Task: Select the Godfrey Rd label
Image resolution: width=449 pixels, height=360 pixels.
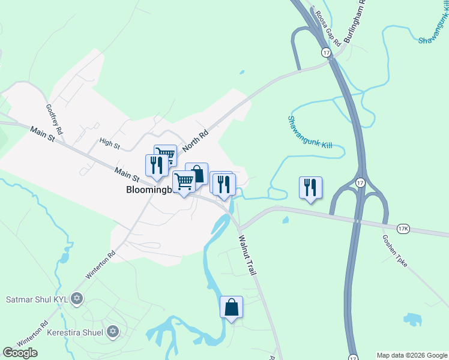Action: pos(54,118)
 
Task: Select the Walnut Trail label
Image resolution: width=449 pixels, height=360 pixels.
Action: pos(247,254)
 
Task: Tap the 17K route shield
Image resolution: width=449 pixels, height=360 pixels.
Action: pos(403,229)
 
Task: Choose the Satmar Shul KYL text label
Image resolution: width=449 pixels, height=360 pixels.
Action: pos(37,298)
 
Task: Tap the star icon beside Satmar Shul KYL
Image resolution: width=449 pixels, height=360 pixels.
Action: pos(76,298)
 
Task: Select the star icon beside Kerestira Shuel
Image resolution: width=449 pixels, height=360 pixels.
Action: pos(112,331)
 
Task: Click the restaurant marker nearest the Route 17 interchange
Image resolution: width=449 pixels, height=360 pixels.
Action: pos(310,188)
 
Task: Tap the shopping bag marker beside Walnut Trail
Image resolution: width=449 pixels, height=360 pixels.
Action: pos(231,307)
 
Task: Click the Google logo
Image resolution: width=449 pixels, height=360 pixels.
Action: pos(20,353)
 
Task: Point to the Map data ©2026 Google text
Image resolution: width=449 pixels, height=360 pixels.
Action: pos(411,355)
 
